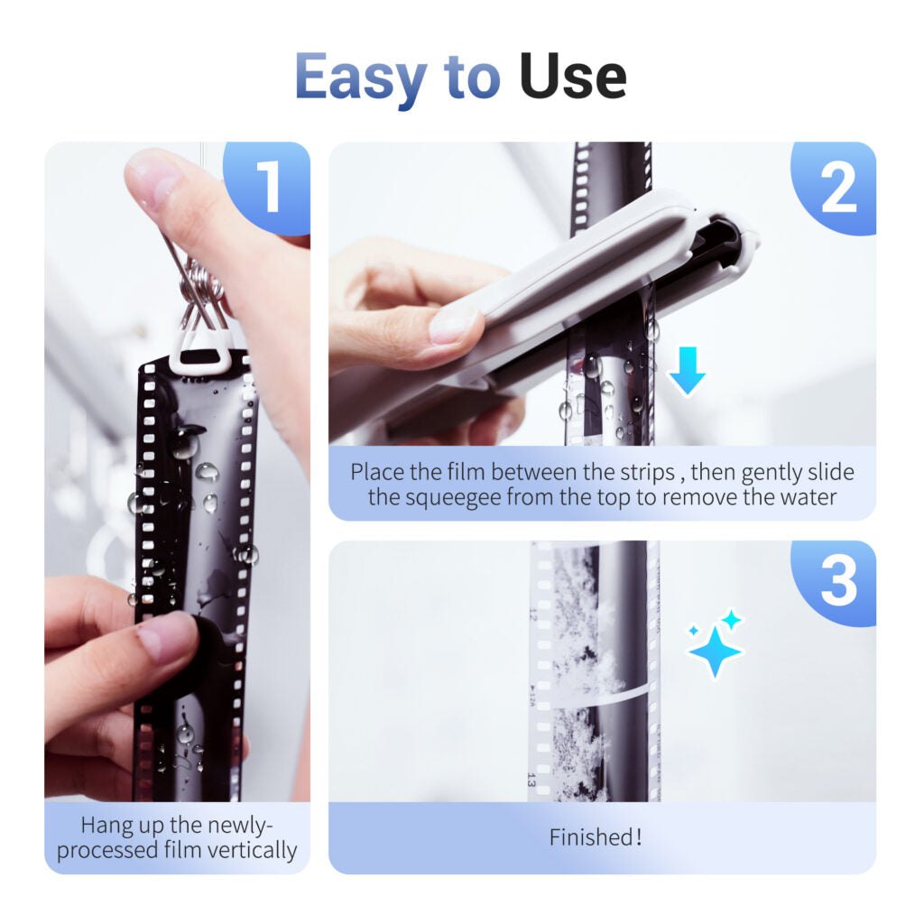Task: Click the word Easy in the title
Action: coord(360,79)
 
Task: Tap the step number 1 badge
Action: coord(268,188)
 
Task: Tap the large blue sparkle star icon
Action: coord(715,651)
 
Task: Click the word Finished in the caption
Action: coord(590,837)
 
